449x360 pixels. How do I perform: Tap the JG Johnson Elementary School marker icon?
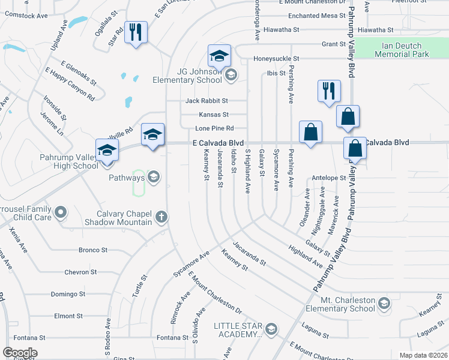pyautogui.click(x=231, y=75)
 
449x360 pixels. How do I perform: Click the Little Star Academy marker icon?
pyautogui.click(x=271, y=329)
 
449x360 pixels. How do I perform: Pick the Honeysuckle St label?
pyautogui.click(x=276, y=59)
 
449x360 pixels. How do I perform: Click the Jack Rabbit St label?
pyautogui.click(x=206, y=101)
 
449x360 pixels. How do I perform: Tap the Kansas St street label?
pyautogui.click(x=214, y=115)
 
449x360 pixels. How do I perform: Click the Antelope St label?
pyautogui.click(x=329, y=178)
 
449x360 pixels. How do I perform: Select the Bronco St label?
pyautogui.click(x=93, y=250)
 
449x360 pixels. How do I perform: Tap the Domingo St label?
pyautogui.click(x=68, y=295)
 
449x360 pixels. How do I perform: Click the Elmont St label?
pyautogui.click(x=68, y=316)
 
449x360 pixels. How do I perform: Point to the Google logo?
pyautogui.click(x=20, y=353)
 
